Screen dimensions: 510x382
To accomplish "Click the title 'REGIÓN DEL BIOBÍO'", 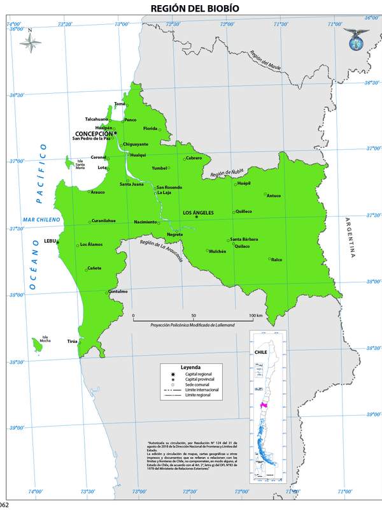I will (191, 8).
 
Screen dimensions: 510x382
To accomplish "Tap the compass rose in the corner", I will (31, 42).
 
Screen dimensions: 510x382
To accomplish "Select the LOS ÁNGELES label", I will (198, 212).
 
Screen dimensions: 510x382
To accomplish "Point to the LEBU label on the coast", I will (50, 241).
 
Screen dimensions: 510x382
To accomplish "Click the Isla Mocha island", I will (38, 345).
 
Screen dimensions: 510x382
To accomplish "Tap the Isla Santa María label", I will (80, 164).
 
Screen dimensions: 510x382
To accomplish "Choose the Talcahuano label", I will (97, 119).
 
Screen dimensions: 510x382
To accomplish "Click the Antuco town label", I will (274, 196).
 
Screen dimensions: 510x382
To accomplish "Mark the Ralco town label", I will (276, 260).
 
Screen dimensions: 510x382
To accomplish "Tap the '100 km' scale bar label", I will (256, 316).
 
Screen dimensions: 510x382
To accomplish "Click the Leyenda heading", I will (190, 368).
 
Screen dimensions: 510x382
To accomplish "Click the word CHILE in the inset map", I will (260, 351).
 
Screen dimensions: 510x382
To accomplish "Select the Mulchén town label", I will (218, 251).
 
